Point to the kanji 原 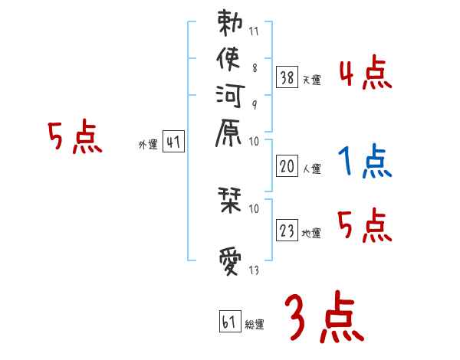coord(230,135)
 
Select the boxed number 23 coord(287,229)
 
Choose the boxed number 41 coord(173,142)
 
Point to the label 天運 coord(311,79)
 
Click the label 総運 coord(255,324)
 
